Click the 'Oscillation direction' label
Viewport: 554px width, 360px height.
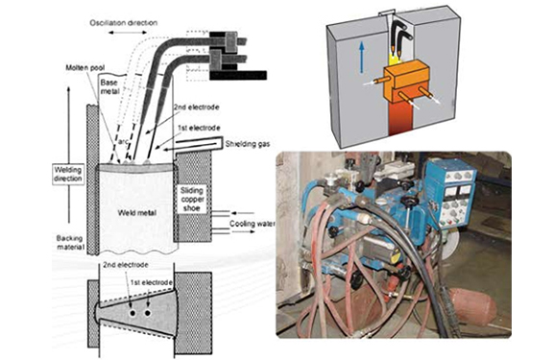[123, 23]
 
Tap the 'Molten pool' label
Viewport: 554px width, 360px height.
[85, 67]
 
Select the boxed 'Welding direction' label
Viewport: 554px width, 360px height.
[68, 174]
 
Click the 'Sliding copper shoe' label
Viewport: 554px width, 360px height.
[192, 200]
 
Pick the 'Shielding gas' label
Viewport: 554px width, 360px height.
[248, 144]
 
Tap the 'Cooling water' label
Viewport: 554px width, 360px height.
[253, 224]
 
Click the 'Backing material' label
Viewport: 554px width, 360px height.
[70, 243]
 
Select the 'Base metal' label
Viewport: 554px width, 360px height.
[108, 87]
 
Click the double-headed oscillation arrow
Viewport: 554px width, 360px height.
[127, 33]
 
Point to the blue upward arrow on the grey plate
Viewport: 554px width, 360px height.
[361, 57]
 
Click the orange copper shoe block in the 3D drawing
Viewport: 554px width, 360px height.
[406, 82]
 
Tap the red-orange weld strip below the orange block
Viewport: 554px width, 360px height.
[401, 118]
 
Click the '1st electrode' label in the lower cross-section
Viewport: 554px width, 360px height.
[151, 282]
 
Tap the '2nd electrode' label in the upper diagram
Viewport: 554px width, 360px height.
[197, 108]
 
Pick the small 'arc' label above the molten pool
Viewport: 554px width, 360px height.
[123, 142]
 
